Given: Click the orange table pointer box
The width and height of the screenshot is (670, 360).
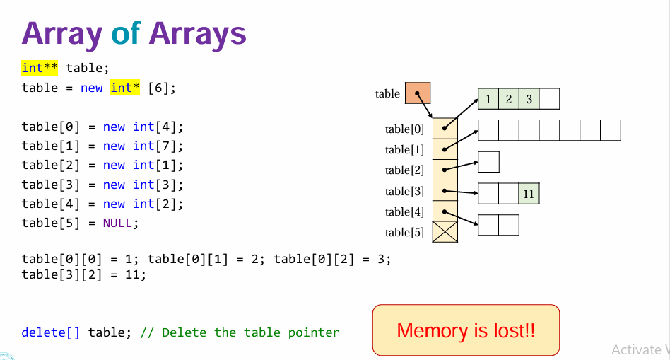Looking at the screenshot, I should point(418,93).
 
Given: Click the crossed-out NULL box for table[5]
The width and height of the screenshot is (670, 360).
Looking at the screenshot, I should point(445,231).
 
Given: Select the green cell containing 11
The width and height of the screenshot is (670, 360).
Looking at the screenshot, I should point(529,193).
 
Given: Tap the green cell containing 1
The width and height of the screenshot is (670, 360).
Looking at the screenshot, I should point(488,98).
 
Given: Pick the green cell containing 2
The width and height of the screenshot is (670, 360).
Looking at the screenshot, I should point(508,98).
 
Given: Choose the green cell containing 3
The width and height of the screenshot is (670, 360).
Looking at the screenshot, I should point(529,98).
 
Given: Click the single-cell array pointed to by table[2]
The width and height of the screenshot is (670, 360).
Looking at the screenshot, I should point(488,162).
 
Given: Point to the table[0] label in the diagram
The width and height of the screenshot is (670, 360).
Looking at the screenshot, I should point(405,129).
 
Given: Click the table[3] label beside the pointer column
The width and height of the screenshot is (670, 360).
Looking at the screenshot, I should point(405,191).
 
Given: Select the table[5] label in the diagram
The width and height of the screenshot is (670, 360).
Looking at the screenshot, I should point(405,232).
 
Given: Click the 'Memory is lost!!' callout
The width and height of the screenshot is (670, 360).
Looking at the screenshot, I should point(466,330).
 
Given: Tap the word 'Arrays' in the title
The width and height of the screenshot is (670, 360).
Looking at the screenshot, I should point(199,33).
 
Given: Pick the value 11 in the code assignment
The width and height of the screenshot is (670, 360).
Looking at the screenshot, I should point(131,274).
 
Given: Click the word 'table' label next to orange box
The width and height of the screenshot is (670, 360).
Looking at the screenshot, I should point(387,93).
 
